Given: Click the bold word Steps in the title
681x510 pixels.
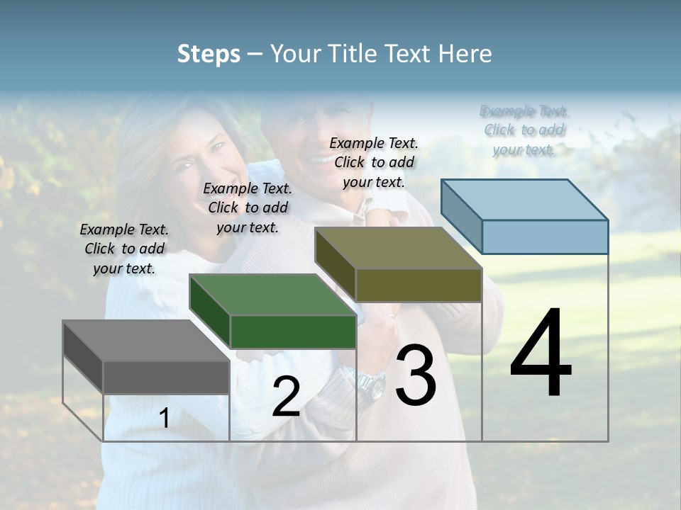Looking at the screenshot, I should tap(209, 54).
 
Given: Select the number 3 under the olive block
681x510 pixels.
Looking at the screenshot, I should tap(416, 375).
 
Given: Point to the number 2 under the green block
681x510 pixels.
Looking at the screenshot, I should tap(286, 397).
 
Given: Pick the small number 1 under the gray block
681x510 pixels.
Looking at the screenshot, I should tap(164, 419).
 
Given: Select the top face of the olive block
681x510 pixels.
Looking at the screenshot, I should tap(398, 248).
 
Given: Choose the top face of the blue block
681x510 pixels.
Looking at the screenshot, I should tap(525, 200).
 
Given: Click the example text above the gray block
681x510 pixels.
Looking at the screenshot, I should tap(124, 249).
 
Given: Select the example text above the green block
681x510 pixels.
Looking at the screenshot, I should tap(248, 208).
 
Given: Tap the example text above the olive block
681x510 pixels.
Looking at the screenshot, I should tap(374, 162).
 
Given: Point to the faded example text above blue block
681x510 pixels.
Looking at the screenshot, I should tap(524, 130).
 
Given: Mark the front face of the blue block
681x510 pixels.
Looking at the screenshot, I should tap(545, 237).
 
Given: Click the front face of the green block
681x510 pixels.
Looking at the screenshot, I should tap(293, 331).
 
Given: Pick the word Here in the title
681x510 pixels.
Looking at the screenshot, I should tap(466, 54).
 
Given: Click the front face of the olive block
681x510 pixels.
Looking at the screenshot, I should tap(419, 285).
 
